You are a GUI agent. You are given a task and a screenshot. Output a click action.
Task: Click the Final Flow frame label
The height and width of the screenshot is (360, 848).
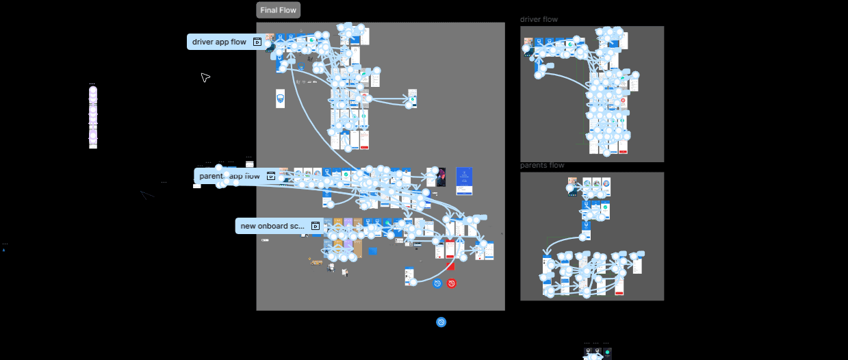(x=278, y=10)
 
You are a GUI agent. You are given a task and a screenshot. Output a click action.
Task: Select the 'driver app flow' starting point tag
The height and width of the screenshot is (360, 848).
(x=219, y=42)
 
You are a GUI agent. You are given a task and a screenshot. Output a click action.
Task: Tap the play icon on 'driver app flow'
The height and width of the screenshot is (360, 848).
(x=257, y=42)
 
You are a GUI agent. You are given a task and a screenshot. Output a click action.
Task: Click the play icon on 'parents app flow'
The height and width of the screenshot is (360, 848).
(x=271, y=176)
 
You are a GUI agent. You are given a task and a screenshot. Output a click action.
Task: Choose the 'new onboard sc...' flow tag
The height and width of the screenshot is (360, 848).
(x=272, y=226)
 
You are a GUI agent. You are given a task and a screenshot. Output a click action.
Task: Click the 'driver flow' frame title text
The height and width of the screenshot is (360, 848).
(x=539, y=19)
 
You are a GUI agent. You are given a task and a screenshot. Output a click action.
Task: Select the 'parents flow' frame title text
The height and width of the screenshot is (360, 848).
(x=542, y=166)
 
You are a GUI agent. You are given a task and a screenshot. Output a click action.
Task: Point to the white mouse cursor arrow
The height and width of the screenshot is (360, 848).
(x=205, y=77)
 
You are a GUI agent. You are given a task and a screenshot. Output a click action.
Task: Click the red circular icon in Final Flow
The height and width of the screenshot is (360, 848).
(x=452, y=283)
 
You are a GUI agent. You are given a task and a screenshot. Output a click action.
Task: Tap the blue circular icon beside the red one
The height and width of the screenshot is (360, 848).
(x=437, y=283)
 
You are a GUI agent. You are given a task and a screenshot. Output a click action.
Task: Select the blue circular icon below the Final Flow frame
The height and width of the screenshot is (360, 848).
(x=441, y=322)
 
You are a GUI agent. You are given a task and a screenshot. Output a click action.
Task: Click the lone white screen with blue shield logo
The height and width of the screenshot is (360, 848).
(x=280, y=99)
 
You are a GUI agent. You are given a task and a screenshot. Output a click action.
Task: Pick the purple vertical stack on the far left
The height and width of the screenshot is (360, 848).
(x=93, y=116)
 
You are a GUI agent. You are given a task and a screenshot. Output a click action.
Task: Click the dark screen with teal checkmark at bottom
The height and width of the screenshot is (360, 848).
(x=607, y=352)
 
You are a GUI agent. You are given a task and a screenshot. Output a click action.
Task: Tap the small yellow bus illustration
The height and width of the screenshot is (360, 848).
(x=315, y=261)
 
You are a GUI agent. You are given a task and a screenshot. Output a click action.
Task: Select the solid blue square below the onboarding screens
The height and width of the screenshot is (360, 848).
(x=373, y=251)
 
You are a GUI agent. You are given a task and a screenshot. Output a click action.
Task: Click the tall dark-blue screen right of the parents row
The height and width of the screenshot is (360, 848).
(x=465, y=180)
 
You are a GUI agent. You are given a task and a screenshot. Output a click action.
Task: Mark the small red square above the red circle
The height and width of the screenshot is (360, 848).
(x=450, y=266)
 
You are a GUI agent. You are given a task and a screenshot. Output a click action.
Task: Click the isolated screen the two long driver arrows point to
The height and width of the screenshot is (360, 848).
(x=412, y=99)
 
